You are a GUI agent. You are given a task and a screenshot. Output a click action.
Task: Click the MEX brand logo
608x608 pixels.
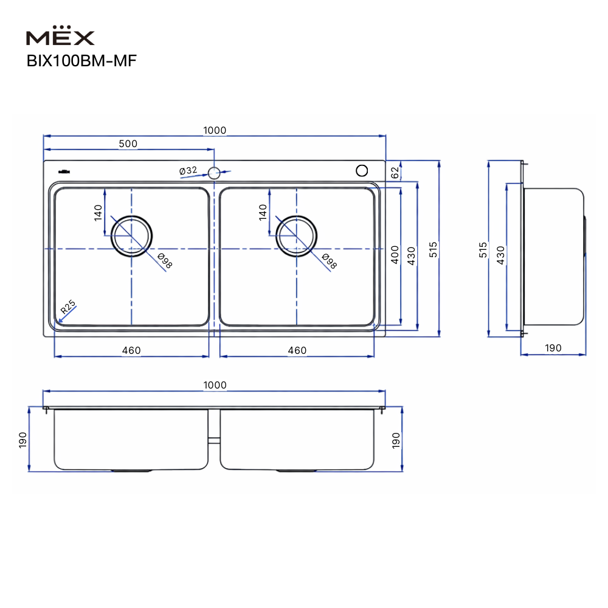[60, 36]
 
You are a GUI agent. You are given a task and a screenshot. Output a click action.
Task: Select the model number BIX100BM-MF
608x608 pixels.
[81, 61]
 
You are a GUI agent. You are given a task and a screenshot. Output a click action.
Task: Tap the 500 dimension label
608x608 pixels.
[128, 143]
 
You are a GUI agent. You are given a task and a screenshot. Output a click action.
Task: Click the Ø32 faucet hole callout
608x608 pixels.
[188, 171]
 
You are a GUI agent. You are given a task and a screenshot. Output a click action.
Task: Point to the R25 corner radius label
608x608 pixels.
[68, 306]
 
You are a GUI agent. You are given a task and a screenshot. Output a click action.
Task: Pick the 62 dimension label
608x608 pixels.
[395, 173]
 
